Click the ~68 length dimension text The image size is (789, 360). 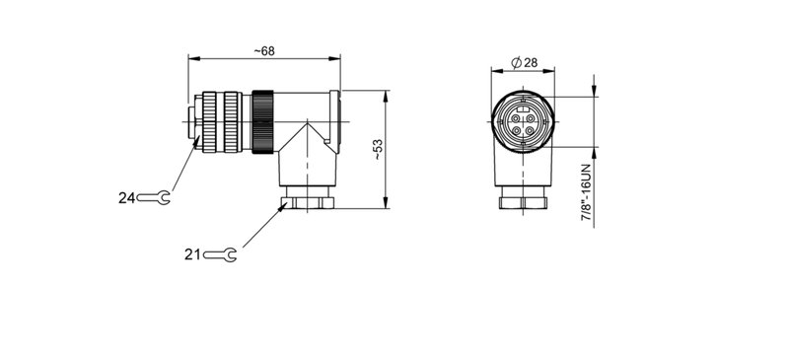point(263,51)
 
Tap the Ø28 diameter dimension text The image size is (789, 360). point(525,63)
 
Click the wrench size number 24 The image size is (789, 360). point(126,198)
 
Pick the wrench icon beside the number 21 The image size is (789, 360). point(219,255)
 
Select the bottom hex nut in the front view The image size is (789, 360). point(525,203)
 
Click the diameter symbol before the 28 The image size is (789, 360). point(516,63)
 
